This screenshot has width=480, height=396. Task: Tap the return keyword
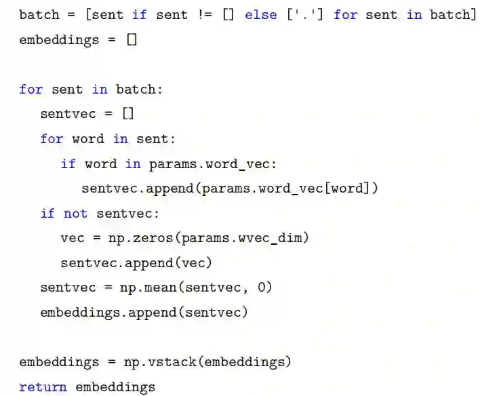coord(43,387)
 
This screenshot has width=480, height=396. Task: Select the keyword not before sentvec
coord(75,214)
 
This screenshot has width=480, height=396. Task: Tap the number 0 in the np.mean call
coord(263,288)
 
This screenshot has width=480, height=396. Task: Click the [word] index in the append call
coord(348,189)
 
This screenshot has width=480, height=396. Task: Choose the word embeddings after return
coord(115,387)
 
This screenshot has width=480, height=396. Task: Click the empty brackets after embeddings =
coord(132,39)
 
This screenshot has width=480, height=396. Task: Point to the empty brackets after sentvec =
coord(127,114)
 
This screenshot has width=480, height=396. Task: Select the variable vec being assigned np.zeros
coord(72,238)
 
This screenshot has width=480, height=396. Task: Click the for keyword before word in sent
coord(52,139)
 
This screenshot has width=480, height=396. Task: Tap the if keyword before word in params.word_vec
coord(68,163)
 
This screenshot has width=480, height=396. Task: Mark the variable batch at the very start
coord(39,14)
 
